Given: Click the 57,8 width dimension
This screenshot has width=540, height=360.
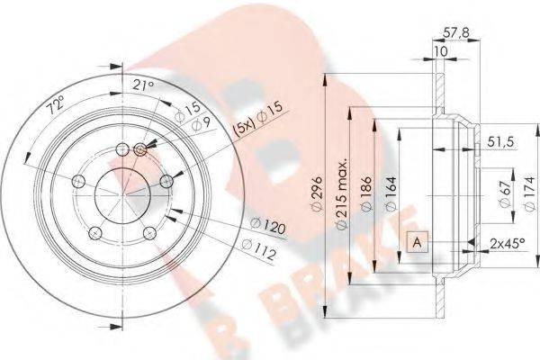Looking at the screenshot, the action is (455, 33).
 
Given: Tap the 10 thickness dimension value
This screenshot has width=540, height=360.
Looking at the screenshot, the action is (441, 51).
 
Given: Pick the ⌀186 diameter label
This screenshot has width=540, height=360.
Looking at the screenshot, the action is (367, 193).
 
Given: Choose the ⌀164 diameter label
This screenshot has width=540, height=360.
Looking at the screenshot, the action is (391, 193).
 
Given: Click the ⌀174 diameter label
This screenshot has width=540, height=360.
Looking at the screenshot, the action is (530, 193).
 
